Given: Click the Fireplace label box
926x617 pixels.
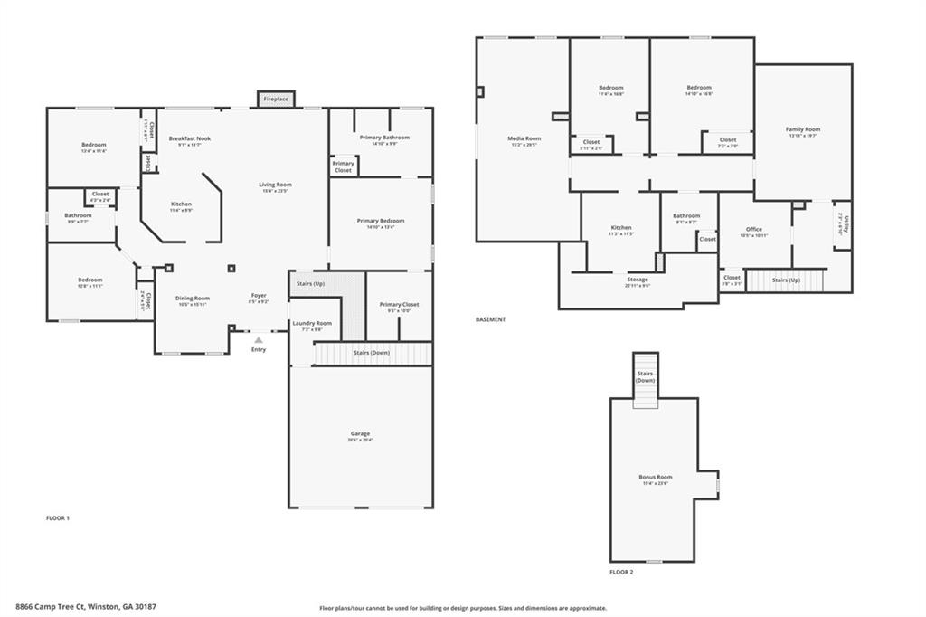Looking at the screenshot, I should pyautogui.click(x=276, y=99).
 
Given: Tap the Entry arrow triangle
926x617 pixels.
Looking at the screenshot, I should pyautogui.click(x=259, y=340).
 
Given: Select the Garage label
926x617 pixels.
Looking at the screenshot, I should pyautogui.click(x=360, y=434).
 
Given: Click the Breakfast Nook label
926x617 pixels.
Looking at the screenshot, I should pyautogui.click(x=189, y=139).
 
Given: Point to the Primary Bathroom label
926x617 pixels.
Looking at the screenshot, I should pyautogui.click(x=383, y=138).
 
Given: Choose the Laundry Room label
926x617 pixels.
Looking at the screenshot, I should pyautogui.click(x=310, y=324).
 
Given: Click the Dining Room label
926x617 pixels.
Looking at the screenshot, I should pyautogui.click(x=192, y=299).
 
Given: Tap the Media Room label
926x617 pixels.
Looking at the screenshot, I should pyautogui.click(x=524, y=139).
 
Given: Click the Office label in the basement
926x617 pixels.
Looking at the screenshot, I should pyautogui.click(x=753, y=231).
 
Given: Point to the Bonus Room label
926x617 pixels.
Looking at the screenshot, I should pyautogui.click(x=656, y=478).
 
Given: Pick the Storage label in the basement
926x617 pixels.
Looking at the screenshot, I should pyautogui.click(x=637, y=280).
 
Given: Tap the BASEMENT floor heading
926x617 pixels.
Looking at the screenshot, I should pyautogui.click(x=490, y=319).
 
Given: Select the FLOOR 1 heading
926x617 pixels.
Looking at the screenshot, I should pyautogui.click(x=58, y=518).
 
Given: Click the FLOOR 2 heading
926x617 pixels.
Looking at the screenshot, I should pyautogui.click(x=621, y=572).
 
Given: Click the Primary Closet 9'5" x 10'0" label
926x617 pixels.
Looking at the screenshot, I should pyautogui.click(x=399, y=306).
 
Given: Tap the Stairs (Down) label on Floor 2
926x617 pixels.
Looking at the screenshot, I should pyautogui.click(x=645, y=377).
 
